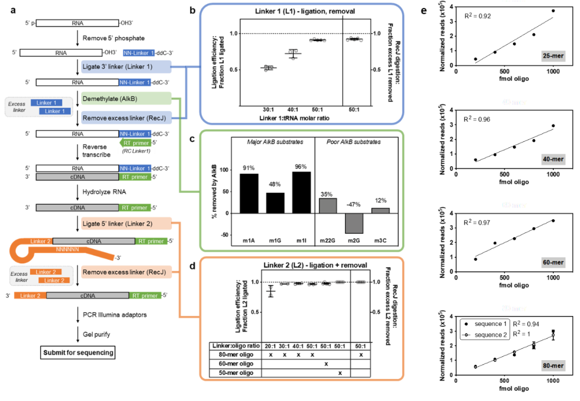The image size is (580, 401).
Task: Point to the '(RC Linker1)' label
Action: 136,151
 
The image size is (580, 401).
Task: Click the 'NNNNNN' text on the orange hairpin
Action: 67,249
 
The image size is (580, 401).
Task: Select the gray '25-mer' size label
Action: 553,56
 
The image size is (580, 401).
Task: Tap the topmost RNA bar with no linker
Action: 77,23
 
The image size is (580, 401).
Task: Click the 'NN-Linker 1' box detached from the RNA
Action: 139,53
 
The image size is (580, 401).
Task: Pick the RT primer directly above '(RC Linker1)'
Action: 135,143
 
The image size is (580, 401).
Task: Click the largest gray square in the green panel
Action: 354,223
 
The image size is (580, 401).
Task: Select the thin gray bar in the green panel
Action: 380,211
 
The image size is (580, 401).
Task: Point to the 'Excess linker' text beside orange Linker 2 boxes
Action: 20,277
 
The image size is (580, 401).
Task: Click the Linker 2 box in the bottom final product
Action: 30,296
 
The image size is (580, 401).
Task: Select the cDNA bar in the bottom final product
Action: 88,296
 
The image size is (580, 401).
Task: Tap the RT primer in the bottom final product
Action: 145,296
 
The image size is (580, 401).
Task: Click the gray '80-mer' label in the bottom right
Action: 553,366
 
